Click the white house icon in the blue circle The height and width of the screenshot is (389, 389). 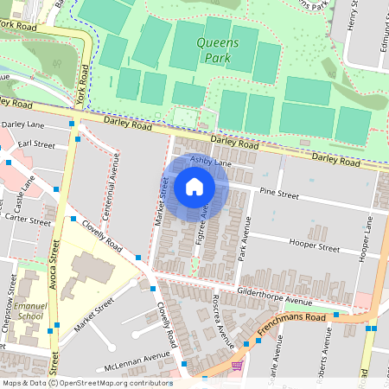click(194, 187)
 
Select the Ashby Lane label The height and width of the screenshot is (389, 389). click(212, 163)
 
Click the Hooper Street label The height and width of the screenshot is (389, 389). click(315, 246)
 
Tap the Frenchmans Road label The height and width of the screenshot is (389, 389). click(296, 321)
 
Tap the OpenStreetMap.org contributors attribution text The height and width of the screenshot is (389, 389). click(118, 383)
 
